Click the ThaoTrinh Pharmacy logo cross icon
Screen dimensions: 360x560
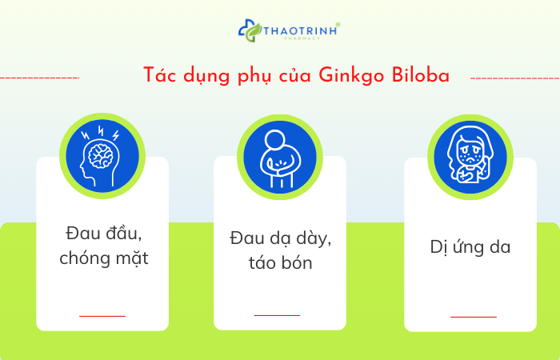tap(250, 31)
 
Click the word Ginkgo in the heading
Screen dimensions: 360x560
tap(354, 75)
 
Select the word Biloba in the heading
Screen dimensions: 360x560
tap(421, 75)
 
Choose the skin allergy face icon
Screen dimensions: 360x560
tap(470, 156)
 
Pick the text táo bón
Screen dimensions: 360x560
tap(280, 262)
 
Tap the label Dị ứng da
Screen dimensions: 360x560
tap(470, 247)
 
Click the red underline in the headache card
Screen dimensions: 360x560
tap(102, 316)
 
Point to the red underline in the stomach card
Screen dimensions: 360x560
tap(277, 315)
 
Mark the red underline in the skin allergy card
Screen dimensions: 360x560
tap(473, 316)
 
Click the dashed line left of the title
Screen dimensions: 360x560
tap(40, 78)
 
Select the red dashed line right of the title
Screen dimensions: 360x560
tap(514, 78)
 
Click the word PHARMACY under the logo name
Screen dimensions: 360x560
tap(303, 38)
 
